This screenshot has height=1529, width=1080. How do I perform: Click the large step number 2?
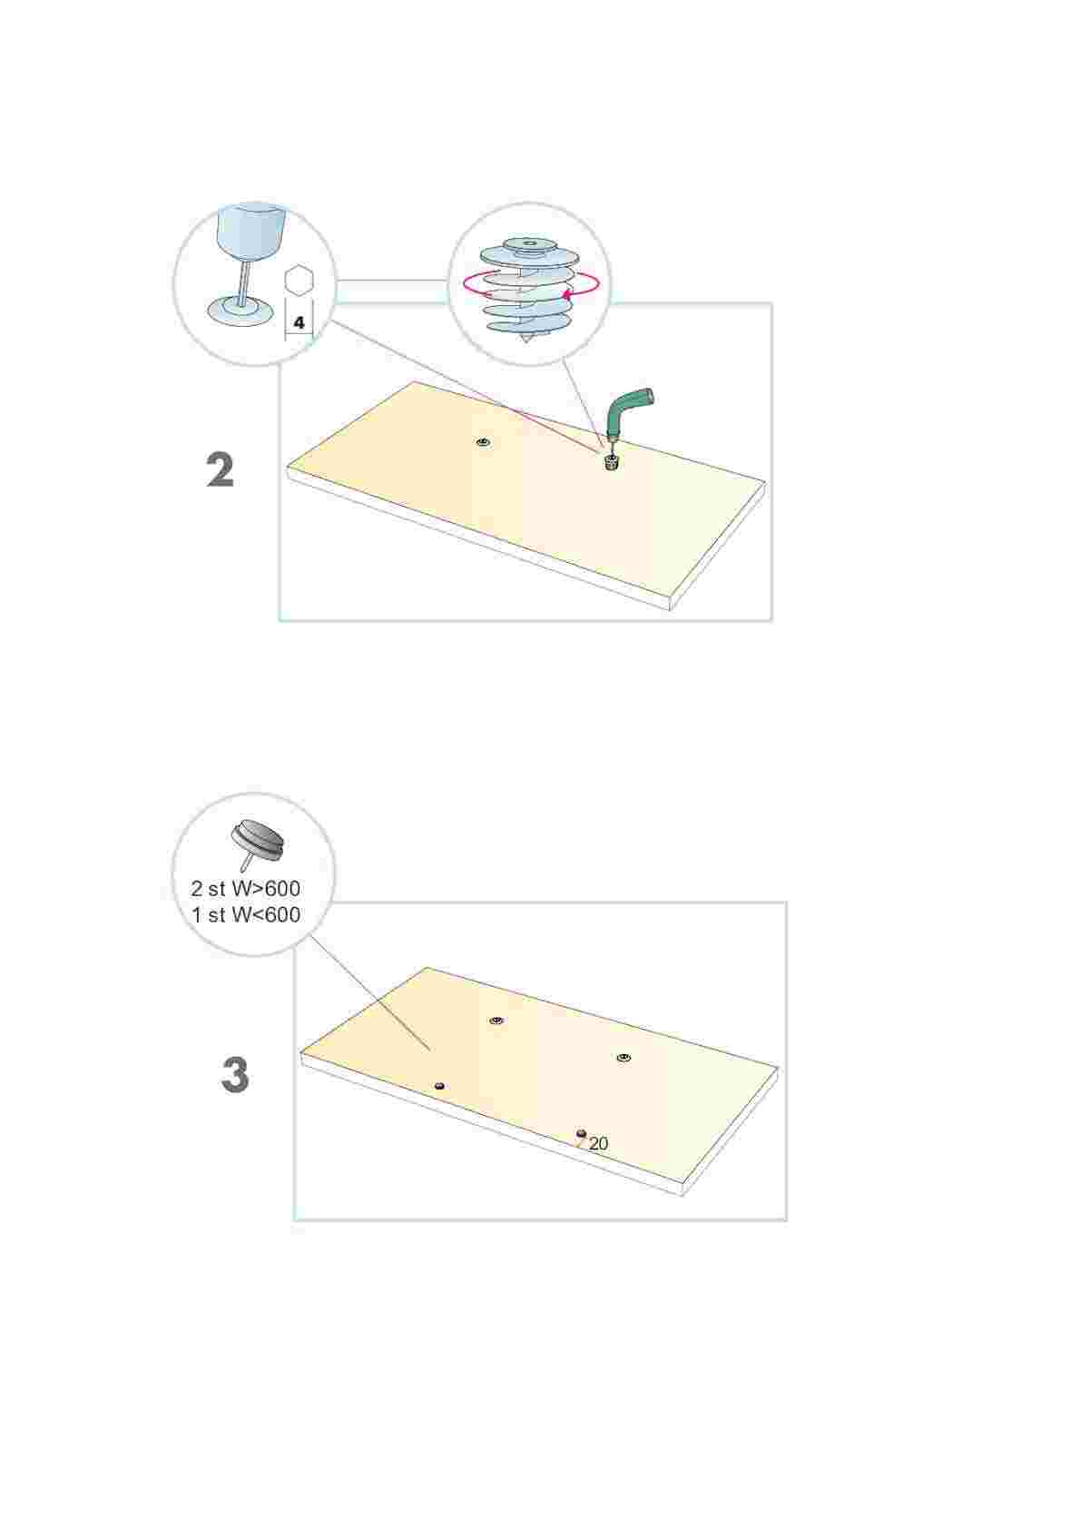pos(221,470)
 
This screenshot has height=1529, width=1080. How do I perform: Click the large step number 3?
pos(235,1075)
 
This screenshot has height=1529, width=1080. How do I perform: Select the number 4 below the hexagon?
pos(299,323)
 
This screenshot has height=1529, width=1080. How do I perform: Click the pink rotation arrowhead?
pos(566,292)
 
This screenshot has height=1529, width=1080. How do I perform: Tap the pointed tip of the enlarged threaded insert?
pos(526,344)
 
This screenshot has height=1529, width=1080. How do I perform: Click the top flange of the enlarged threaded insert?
pos(529,244)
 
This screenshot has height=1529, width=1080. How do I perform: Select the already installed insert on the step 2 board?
pos(484,443)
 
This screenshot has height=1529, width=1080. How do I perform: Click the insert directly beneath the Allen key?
pos(611,463)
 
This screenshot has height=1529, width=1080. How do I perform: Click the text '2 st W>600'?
pos(246,888)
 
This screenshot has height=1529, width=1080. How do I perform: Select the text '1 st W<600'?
pos(246,914)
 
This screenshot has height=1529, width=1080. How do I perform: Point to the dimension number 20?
pos(598,1144)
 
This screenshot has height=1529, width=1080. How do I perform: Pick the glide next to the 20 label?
pos(581,1134)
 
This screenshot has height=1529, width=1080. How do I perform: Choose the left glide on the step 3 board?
pos(439,1086)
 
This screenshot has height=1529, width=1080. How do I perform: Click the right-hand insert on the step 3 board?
pos(623,1058)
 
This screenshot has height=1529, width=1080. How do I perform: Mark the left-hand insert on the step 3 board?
pos(496,1021)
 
